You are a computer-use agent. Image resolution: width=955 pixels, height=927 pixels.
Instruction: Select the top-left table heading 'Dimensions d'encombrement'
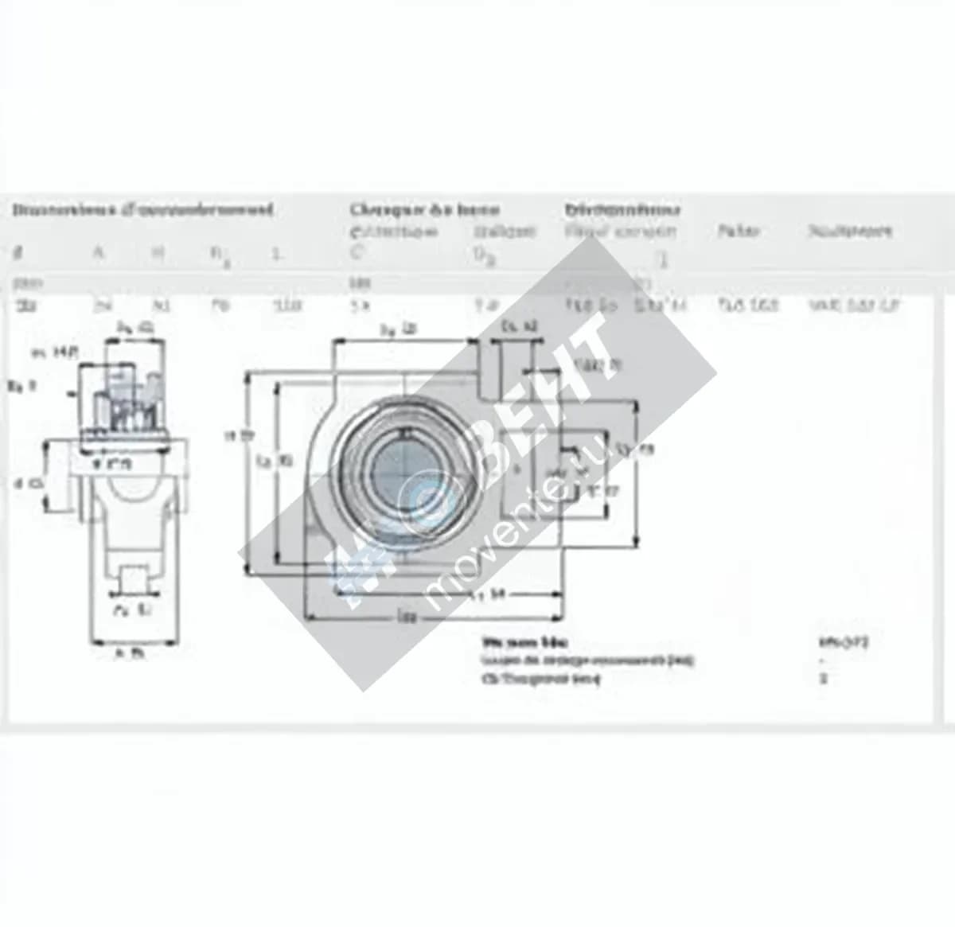pyautogui.click(x=142, y=210)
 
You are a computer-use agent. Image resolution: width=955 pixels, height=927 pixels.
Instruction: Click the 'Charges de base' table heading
pyautogui.click(x=424, y=210)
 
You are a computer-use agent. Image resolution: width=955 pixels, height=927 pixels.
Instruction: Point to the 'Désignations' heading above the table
pyautogui.click(x=622, y=210)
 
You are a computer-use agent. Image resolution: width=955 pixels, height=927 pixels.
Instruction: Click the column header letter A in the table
pyautogui.click(x=99, y=253)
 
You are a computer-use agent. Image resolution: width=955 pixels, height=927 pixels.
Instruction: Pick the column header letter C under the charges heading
pyautogui.click(x=356, y=253)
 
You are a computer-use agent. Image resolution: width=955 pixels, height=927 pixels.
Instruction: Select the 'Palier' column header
pyautogui.click(x=739, y=232)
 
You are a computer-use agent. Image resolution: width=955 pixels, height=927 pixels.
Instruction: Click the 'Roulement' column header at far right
pyautogui.click(x=850, y=232)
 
